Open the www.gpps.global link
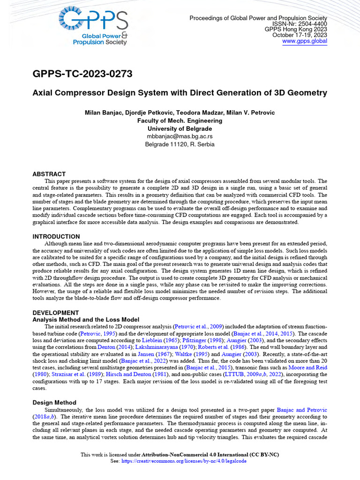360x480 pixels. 305,41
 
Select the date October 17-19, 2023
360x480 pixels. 300,35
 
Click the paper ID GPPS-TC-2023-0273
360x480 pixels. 82,74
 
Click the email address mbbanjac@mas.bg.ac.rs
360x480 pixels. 180,136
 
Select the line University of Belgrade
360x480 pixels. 180,128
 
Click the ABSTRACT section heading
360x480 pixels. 49,174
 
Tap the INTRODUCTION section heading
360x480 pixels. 56,236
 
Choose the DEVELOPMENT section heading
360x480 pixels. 55,312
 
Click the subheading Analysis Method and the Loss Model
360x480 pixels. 86,319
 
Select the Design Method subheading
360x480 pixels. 54,402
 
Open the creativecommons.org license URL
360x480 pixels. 184,461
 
